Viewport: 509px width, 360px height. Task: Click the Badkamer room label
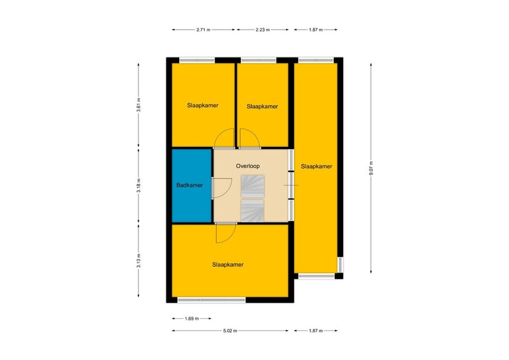(x=189, y=185)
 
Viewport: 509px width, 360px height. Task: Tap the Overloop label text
(x=248, y=166)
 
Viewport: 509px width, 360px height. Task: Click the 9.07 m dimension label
(x=371, y=168)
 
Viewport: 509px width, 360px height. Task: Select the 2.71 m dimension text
(x=203, y=30)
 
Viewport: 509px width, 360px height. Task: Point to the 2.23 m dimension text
(x=263, y=30)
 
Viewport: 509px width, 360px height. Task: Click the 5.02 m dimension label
(x=230, y=331)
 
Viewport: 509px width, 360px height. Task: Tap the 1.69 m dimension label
(x=192, y=319)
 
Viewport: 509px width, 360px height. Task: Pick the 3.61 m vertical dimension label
(x=139, y=105)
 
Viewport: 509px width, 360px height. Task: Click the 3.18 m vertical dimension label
(x=139, y=186)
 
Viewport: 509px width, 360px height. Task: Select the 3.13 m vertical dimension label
(x=139, y=261)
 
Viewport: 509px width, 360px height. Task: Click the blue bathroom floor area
(x=191, y=201)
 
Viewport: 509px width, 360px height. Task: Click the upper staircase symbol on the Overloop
(x=253, y=186)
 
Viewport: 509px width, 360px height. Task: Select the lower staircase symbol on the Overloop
(x=253, y=211)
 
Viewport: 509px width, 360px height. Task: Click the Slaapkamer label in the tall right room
(x=317, y=166)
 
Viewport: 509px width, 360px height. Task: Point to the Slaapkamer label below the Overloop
(x=228, y=265)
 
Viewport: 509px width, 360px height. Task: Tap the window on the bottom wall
(x=212, y=300)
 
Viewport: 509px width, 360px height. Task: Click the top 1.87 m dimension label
(x=316, y=30)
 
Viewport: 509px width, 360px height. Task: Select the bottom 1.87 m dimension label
(x=316, y=331)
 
